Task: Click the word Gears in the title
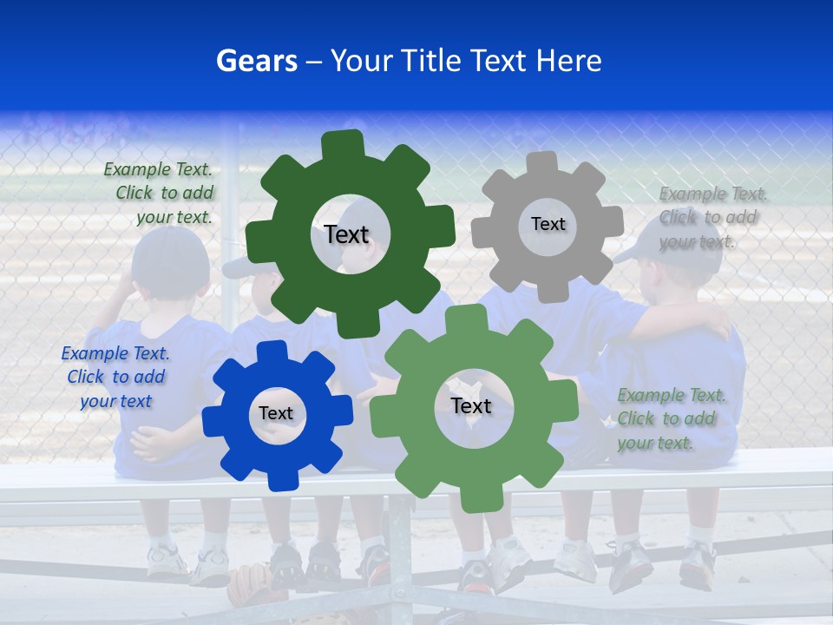pyautogui.click(x=256, y=61)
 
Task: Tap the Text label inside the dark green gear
pyautogui.click(x=346, y=234)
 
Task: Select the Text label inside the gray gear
pyautogui.click(x=548, y=224)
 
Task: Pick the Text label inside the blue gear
pyautogui.click(x=276, y=413)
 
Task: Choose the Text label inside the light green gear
pyautogui.click(x=470, y=406)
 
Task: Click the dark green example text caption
pyautogui.click(x=160, y=194)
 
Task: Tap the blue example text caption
pyautogui.click(x=115, y=377)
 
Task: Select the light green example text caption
pyautogui.click(x=670, y=418)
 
